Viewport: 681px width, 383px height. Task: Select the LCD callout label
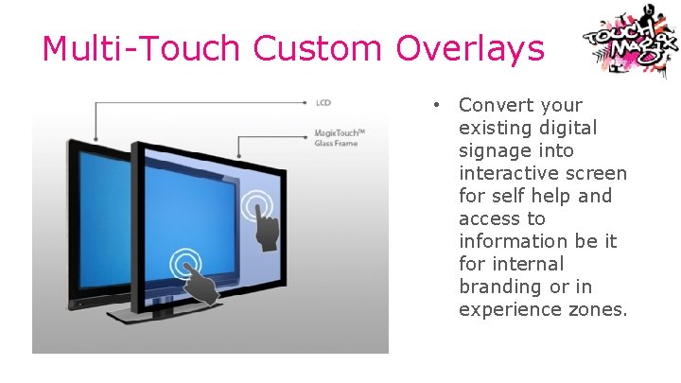click(323, 101)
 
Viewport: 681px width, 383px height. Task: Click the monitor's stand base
click(161, 313)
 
